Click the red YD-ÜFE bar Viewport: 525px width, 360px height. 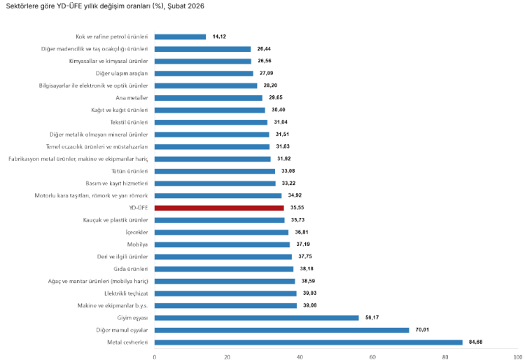[219, 208]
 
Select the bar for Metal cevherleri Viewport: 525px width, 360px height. [308, 342]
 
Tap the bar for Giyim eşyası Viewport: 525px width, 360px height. [256, 317]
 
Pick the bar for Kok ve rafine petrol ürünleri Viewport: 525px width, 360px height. [180, 36]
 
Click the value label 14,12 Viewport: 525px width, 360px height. [220, 36]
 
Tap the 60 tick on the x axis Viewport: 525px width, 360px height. [372, 356]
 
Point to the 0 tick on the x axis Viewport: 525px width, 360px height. [155, 356]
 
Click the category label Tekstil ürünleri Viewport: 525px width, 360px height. [129, 122]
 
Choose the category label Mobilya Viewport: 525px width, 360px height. [136, 244]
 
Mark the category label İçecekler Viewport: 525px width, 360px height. [135, 232]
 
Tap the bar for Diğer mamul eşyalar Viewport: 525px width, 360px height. [281, 330]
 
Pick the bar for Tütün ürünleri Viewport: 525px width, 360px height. [214, 171]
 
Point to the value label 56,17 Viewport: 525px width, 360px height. [374, 317]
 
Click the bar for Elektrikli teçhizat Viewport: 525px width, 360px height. [225, 293]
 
